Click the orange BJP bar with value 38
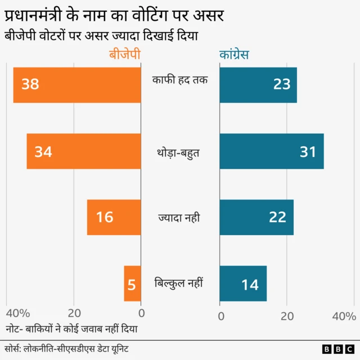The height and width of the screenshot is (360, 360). [x=77, y=85]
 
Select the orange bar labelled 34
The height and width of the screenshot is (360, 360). [x=83, y=151]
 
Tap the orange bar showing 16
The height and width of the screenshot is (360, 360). [x=114, y=217]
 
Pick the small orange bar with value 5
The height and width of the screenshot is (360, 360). [x=132, y=283]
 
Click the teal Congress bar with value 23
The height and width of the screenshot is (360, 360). [x=258, y=85]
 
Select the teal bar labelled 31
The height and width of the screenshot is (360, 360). [x=272, y=151]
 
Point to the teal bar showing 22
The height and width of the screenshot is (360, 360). [x=256, y=217]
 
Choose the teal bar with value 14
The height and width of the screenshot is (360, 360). [x=243, y=283]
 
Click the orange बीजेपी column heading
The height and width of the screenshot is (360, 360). [x=124, y=55]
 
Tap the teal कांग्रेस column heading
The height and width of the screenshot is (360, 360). [x=235, y=55]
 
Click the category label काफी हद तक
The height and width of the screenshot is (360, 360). [x=180, y=80]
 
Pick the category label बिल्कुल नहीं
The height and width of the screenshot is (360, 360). [x=179, y=283]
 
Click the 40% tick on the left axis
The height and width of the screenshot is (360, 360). [x=17, y=314]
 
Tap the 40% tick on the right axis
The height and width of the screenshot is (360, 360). [x=344, y=316]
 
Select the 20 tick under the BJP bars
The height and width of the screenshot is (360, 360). [x=74, y=314]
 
